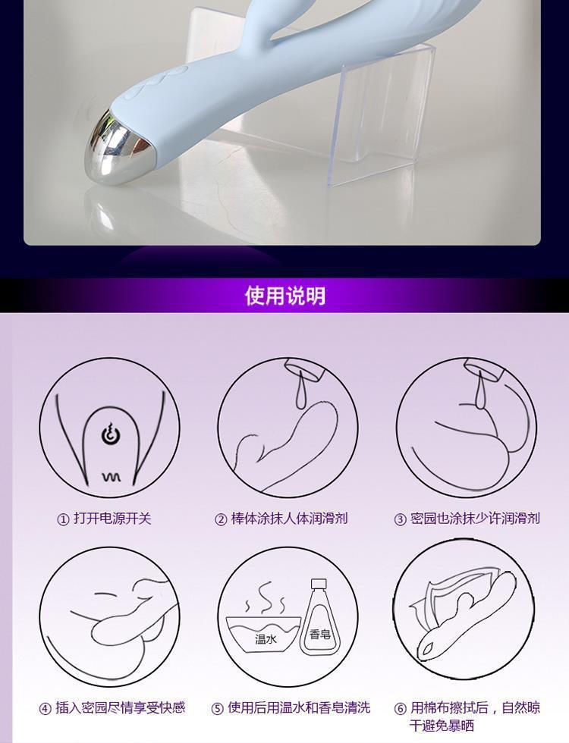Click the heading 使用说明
click(x=285, y=296)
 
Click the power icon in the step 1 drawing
click(x=109, y=434)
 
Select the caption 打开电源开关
click(x=112, y=519)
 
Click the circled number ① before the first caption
click(x=63, y=519)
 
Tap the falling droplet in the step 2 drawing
click(x=300, y=391)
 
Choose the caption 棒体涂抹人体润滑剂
click(x=289, y=519)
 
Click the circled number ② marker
click(x=221, y=519)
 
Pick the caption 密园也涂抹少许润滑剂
click(x=475, y=519)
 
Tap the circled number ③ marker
click(x=401, y=519)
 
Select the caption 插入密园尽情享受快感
click(x=120, y=708)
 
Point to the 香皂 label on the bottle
click(x=319, y=634)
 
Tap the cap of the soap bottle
click(x=318, y=585)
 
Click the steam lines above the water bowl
click(x=264, y=599)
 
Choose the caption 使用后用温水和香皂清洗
click(x=299, y=708)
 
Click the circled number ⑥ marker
click(x=401, y=709)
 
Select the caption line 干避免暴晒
click(x=442, y=726)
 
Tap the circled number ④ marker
click(x=45, y=709)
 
